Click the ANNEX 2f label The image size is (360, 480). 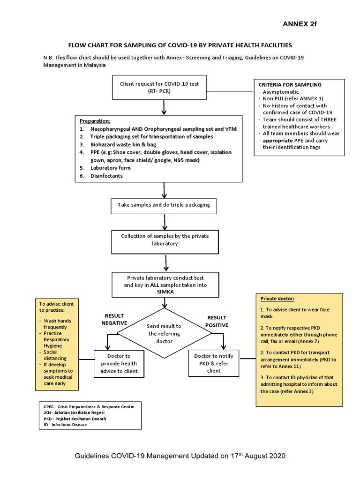(x=300, y=24)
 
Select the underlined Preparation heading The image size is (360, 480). (x=95, y=120)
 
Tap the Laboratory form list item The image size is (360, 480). (x=111, y=168)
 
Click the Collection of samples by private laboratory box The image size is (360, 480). (x=165, y=240)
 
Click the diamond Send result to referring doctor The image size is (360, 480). (x=165, y=333)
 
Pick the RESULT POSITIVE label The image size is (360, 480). (x=217, y=321)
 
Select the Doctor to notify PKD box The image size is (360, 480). (x=213, y=363)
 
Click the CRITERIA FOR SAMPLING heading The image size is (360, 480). (x=290, y=85)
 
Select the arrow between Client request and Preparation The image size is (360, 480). (x=164, y=107)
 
